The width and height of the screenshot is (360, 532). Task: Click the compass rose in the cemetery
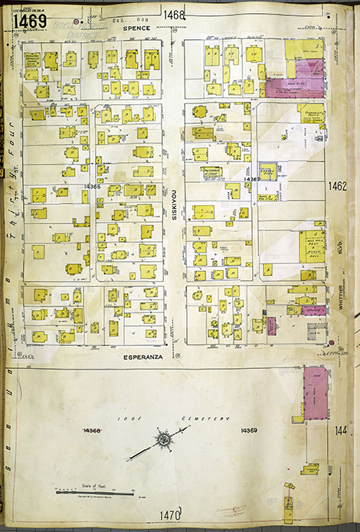coord(163,440)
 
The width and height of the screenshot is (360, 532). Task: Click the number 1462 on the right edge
coord(338,186)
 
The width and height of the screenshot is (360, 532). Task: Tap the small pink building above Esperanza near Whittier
coord(313,310)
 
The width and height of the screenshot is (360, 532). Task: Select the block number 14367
coord(250,179)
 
